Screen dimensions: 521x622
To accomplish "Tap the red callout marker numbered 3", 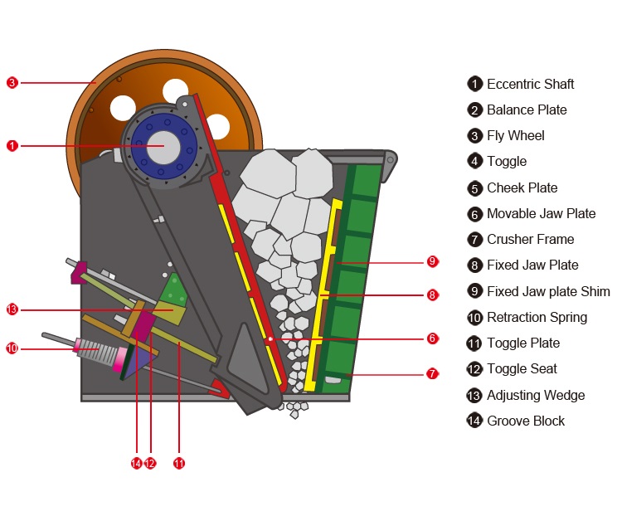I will point(12,82).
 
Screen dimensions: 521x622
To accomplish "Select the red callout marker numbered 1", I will point(12,145).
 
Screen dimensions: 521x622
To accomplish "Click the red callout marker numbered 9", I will point(432,261).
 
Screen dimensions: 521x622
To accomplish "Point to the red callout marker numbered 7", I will point(432,374).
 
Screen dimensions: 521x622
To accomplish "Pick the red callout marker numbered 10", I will point(12,348).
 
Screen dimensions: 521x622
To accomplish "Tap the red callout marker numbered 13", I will point(12,309).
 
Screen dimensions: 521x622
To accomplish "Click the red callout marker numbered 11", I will point(178,463).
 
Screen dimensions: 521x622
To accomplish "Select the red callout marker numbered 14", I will point(136,463).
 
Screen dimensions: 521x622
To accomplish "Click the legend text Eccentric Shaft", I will point(530,84).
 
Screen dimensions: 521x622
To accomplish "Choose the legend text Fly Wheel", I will point(515,135).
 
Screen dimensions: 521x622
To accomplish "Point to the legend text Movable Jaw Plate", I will point(541,213).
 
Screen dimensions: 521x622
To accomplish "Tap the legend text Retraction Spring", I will point(537,317).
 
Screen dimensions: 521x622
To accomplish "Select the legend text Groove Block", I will point(525,421).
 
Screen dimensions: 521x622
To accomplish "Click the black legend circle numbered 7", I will point(474,240).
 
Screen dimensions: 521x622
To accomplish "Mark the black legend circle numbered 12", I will point(474,369).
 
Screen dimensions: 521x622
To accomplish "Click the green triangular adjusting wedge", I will point(174,290).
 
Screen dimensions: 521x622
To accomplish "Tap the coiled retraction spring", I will point(100,351).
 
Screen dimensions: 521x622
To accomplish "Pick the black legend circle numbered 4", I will point(474,162).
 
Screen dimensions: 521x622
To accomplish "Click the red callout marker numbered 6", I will point(432,338).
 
